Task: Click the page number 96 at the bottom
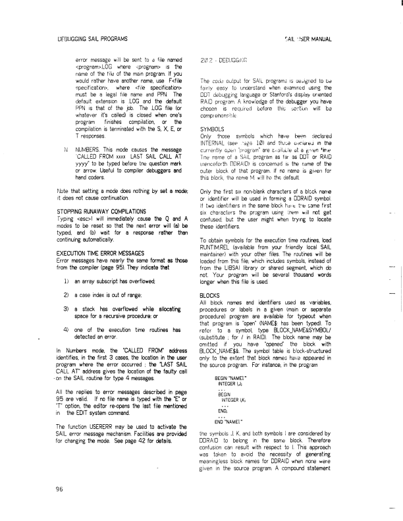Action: (x=51, y=489)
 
